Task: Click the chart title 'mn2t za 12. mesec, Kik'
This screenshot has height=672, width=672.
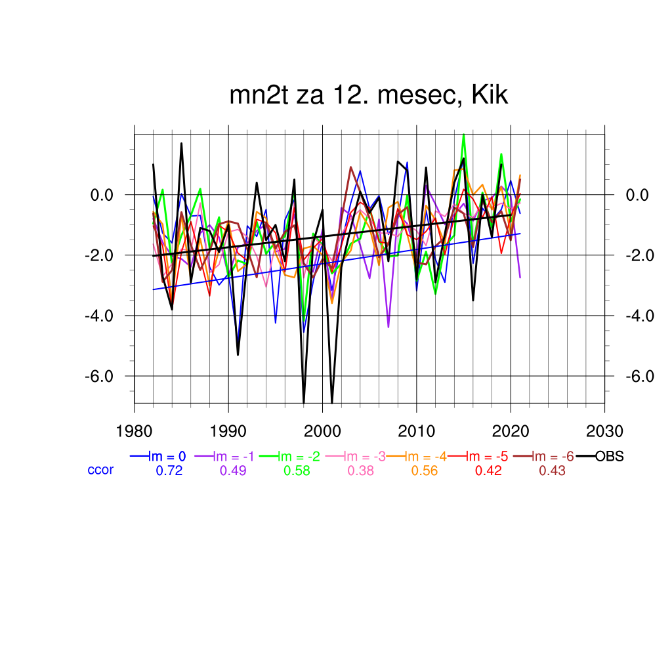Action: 369,96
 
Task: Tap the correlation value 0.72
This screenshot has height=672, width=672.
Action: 169,471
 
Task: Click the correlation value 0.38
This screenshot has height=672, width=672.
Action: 361,471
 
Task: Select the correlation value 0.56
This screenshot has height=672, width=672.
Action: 425,471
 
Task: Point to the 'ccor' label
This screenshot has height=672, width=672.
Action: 100,470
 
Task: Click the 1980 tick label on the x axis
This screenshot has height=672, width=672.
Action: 135,432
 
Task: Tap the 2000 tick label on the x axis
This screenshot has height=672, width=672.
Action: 322,432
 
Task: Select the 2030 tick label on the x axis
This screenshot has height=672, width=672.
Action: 604,432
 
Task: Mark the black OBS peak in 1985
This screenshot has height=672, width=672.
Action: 182,144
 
